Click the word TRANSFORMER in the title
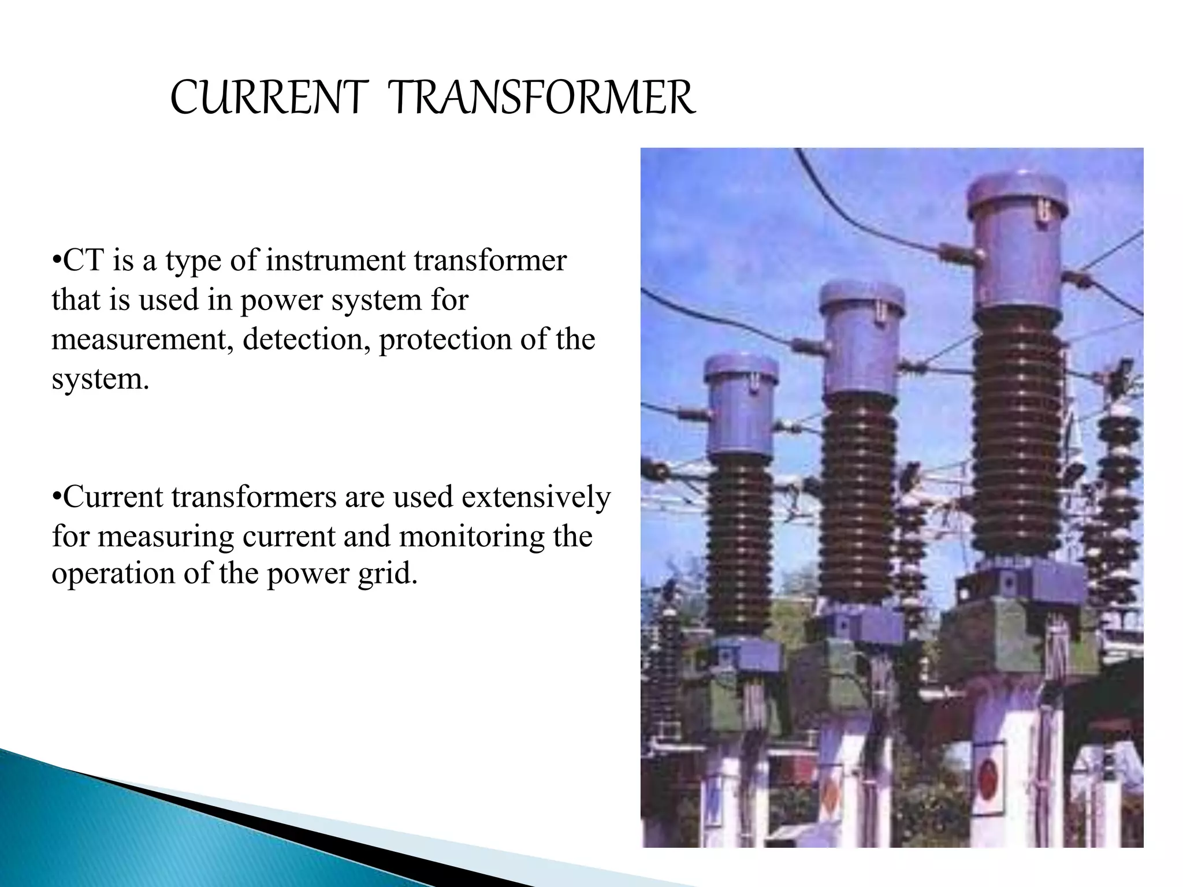[x=541, y=98]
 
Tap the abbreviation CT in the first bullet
[x=83, y=260]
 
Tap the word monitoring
[x=471, y=536]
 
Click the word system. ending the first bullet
[x=100, y=379]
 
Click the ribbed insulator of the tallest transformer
[x=1018, y=433]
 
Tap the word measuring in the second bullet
[x=166, y=536]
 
